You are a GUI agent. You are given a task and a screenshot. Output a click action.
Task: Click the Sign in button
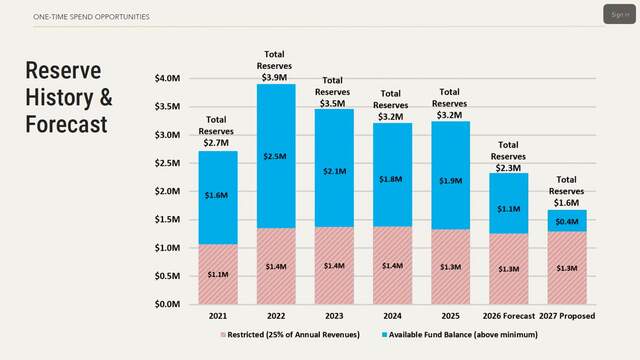point(619,14)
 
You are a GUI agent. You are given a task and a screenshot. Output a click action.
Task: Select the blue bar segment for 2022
point(276,156)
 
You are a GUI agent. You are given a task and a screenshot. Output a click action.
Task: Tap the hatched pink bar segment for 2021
point(218,274)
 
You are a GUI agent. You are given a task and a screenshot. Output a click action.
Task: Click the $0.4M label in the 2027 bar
point(567,221)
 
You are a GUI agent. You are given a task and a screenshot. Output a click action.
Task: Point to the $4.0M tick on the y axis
point(167,78)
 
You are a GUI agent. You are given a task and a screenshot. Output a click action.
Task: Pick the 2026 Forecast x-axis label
point(509,316)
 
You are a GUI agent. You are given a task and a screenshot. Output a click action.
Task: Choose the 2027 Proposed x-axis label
point(567,316)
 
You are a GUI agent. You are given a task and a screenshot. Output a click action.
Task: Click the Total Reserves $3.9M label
point(274,66)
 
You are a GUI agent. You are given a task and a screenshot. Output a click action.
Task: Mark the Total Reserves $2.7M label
point(216,131)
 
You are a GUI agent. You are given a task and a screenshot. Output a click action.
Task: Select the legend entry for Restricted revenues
point(290,335)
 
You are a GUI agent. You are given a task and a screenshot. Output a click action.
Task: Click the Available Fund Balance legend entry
point(460,335)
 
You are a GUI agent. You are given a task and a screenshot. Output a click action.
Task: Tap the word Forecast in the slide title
point(67,124)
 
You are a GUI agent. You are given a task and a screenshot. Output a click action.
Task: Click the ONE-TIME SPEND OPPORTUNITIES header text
point(91,17)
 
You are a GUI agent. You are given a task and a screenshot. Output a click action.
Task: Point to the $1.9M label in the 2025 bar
point(451,180)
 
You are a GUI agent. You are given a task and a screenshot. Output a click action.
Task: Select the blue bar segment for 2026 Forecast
point(509,203)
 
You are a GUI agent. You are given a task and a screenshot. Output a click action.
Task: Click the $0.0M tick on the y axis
point(167,304)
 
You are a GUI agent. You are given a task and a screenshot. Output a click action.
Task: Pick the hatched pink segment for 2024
point(392,265)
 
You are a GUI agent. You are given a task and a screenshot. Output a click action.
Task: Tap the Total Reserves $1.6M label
point(566,191)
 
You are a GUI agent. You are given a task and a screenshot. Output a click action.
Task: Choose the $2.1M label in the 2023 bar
point(335,171)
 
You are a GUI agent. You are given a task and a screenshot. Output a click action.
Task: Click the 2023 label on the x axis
point(334,316)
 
